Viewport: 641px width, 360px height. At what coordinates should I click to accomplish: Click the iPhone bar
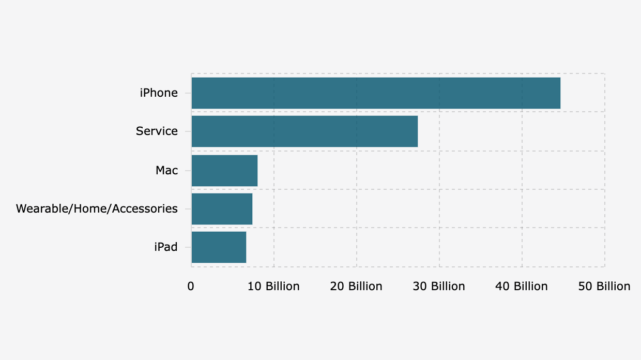click(x=376, y=93)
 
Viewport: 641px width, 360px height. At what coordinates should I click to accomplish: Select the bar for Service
click(x=304, y=131)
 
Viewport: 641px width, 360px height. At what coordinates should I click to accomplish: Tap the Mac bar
click(x=224, y=170)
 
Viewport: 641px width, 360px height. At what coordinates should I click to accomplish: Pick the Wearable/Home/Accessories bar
click(x=222, y=209)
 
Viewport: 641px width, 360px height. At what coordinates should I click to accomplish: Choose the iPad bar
click(x=219, y=247)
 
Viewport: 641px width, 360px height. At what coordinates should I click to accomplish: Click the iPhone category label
click(x=159, y=93)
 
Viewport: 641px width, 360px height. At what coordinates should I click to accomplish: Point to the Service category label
click(x=157, y=131)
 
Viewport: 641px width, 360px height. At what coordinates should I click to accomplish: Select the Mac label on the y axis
click(x=166, y=170)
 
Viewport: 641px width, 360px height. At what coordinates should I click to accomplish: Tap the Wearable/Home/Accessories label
click(x=97, y=209)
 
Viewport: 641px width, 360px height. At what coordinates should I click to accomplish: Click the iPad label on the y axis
click(x=165, y=247)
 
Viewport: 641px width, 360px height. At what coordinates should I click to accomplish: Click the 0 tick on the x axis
click(x=191, y=287)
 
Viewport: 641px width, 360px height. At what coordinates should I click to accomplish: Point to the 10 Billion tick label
click(x=273, y=287)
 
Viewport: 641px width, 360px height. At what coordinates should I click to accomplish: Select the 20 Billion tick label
click(x=356, y=287)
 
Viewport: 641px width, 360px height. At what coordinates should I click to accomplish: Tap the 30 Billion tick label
click(x=439, y=287)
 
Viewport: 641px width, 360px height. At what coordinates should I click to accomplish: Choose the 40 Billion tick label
click(x=522, y=287)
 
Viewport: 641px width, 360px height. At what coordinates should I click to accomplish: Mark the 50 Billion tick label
click(x=604, y=287)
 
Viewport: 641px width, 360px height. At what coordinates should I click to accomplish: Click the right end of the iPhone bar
click(x=560, y=93)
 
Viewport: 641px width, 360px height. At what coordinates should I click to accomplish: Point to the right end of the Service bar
click(x=417, y=131)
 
